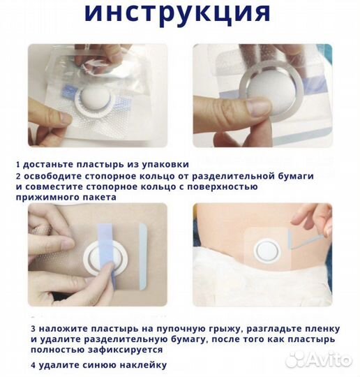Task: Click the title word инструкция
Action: (x=179, y=13)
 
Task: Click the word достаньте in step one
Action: (x=47, y=165)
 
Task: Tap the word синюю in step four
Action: (x=88, y=364)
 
